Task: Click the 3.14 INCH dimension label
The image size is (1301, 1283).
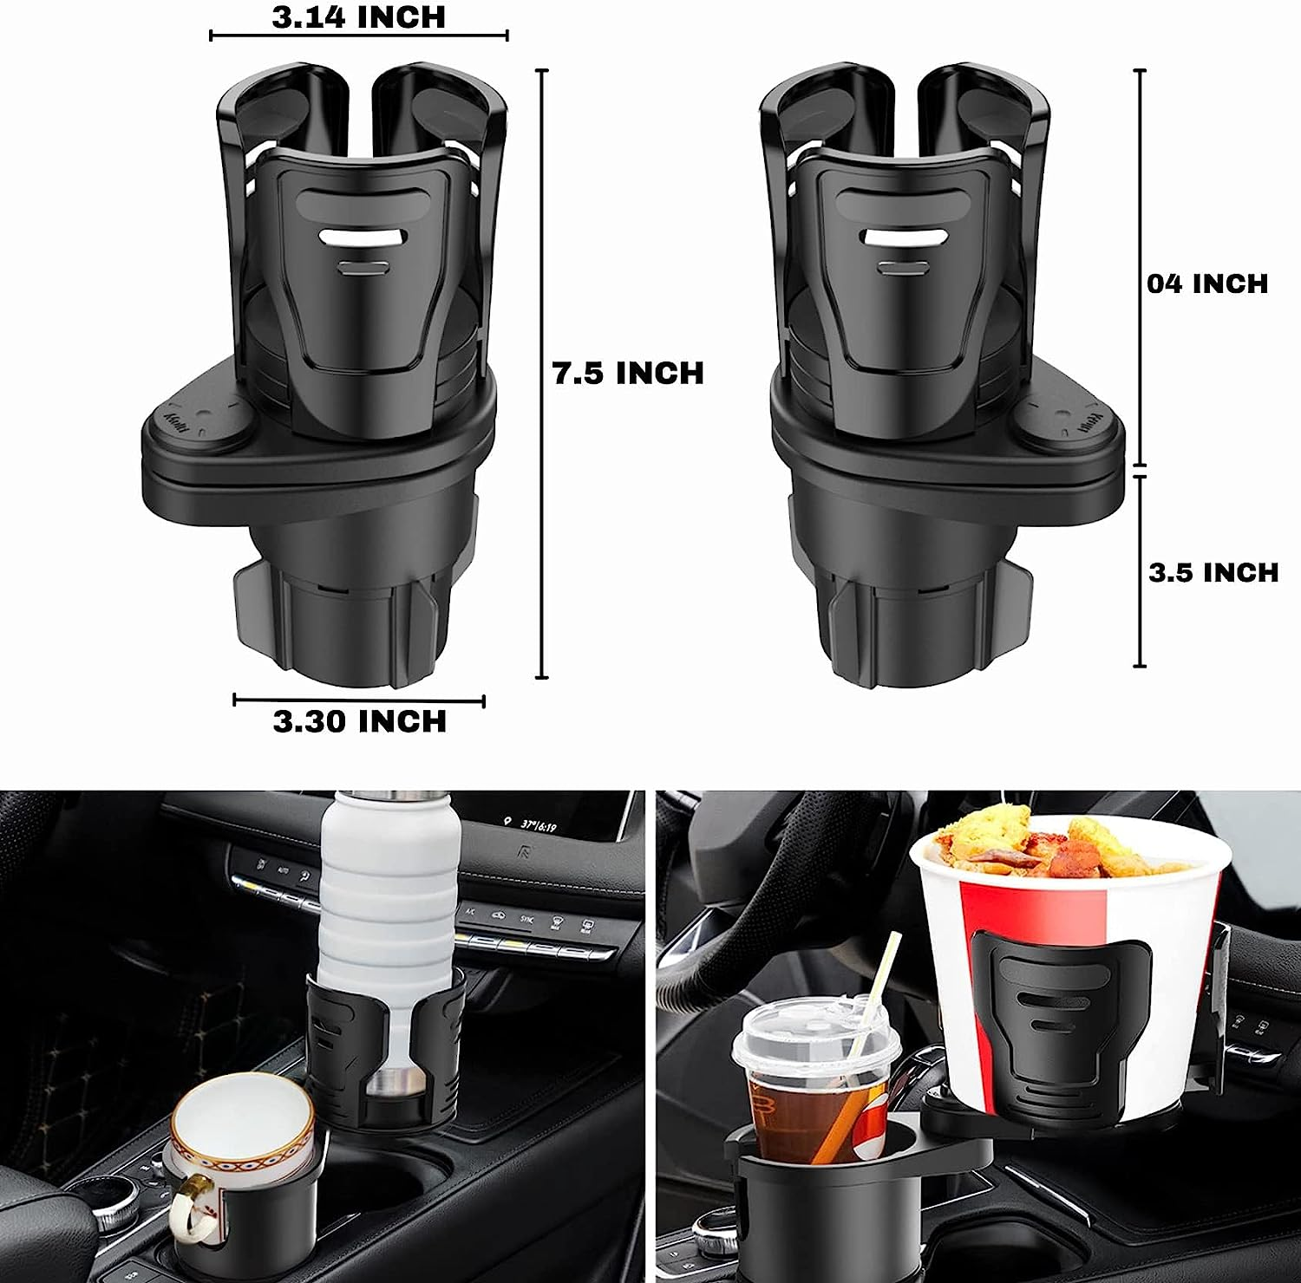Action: click(358, 17)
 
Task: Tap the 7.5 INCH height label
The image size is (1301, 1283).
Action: click(628, 373)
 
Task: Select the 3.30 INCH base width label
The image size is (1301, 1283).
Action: click(359, 721)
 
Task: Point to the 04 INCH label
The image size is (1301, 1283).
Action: click(1206, 283)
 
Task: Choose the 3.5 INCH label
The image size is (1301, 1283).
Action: click(1213, 572)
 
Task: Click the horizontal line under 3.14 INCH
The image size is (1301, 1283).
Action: click(358, 36)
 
